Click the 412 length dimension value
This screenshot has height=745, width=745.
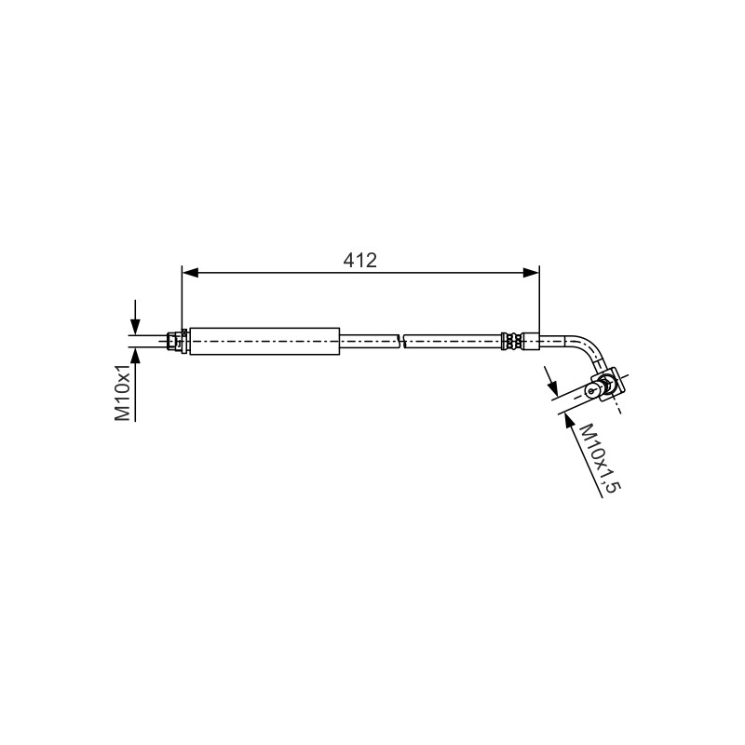tap(359, 260)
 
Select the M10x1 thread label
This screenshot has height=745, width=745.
tap(123, 393)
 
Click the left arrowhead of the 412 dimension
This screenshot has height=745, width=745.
tap(190, 273)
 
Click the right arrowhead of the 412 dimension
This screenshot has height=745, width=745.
tap(531, 273)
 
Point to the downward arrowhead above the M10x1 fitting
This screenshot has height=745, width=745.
tap(135, 327)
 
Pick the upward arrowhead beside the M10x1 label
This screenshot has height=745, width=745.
tap(135, 356)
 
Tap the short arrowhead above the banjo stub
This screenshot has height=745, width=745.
tap(552, 388)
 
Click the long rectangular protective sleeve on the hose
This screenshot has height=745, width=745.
tap(264, 341)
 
